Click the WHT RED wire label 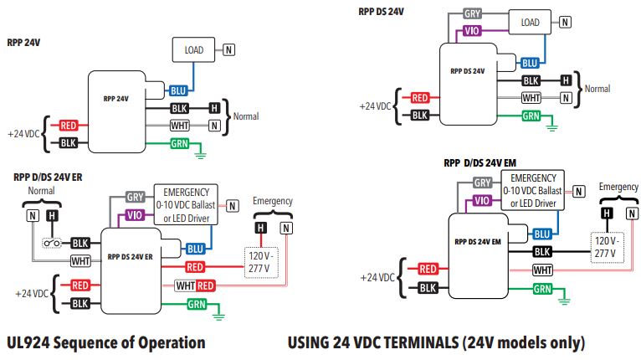pos(195,285)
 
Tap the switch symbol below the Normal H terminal pos(52,243)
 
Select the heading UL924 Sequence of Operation pos(106,342)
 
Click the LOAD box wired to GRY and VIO pos(530,23)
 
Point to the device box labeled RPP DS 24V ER pos(131,270)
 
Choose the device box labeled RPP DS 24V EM pos(479,256)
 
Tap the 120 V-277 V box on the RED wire pos(261,262)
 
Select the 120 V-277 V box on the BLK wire pos(607,248)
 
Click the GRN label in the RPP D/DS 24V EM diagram pos(542,289)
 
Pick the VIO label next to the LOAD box pos(472,31)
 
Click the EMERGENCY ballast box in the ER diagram pos(186,204)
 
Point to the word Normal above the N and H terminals pos(41,191)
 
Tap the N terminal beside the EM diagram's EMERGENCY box pos(578,191)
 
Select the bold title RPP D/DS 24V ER pos(48,177)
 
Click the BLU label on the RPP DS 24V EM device pos(542,234)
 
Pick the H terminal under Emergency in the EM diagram pos(607,213)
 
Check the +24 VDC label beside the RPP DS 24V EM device pos(377,278)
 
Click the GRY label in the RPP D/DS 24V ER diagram pos(135,198)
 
